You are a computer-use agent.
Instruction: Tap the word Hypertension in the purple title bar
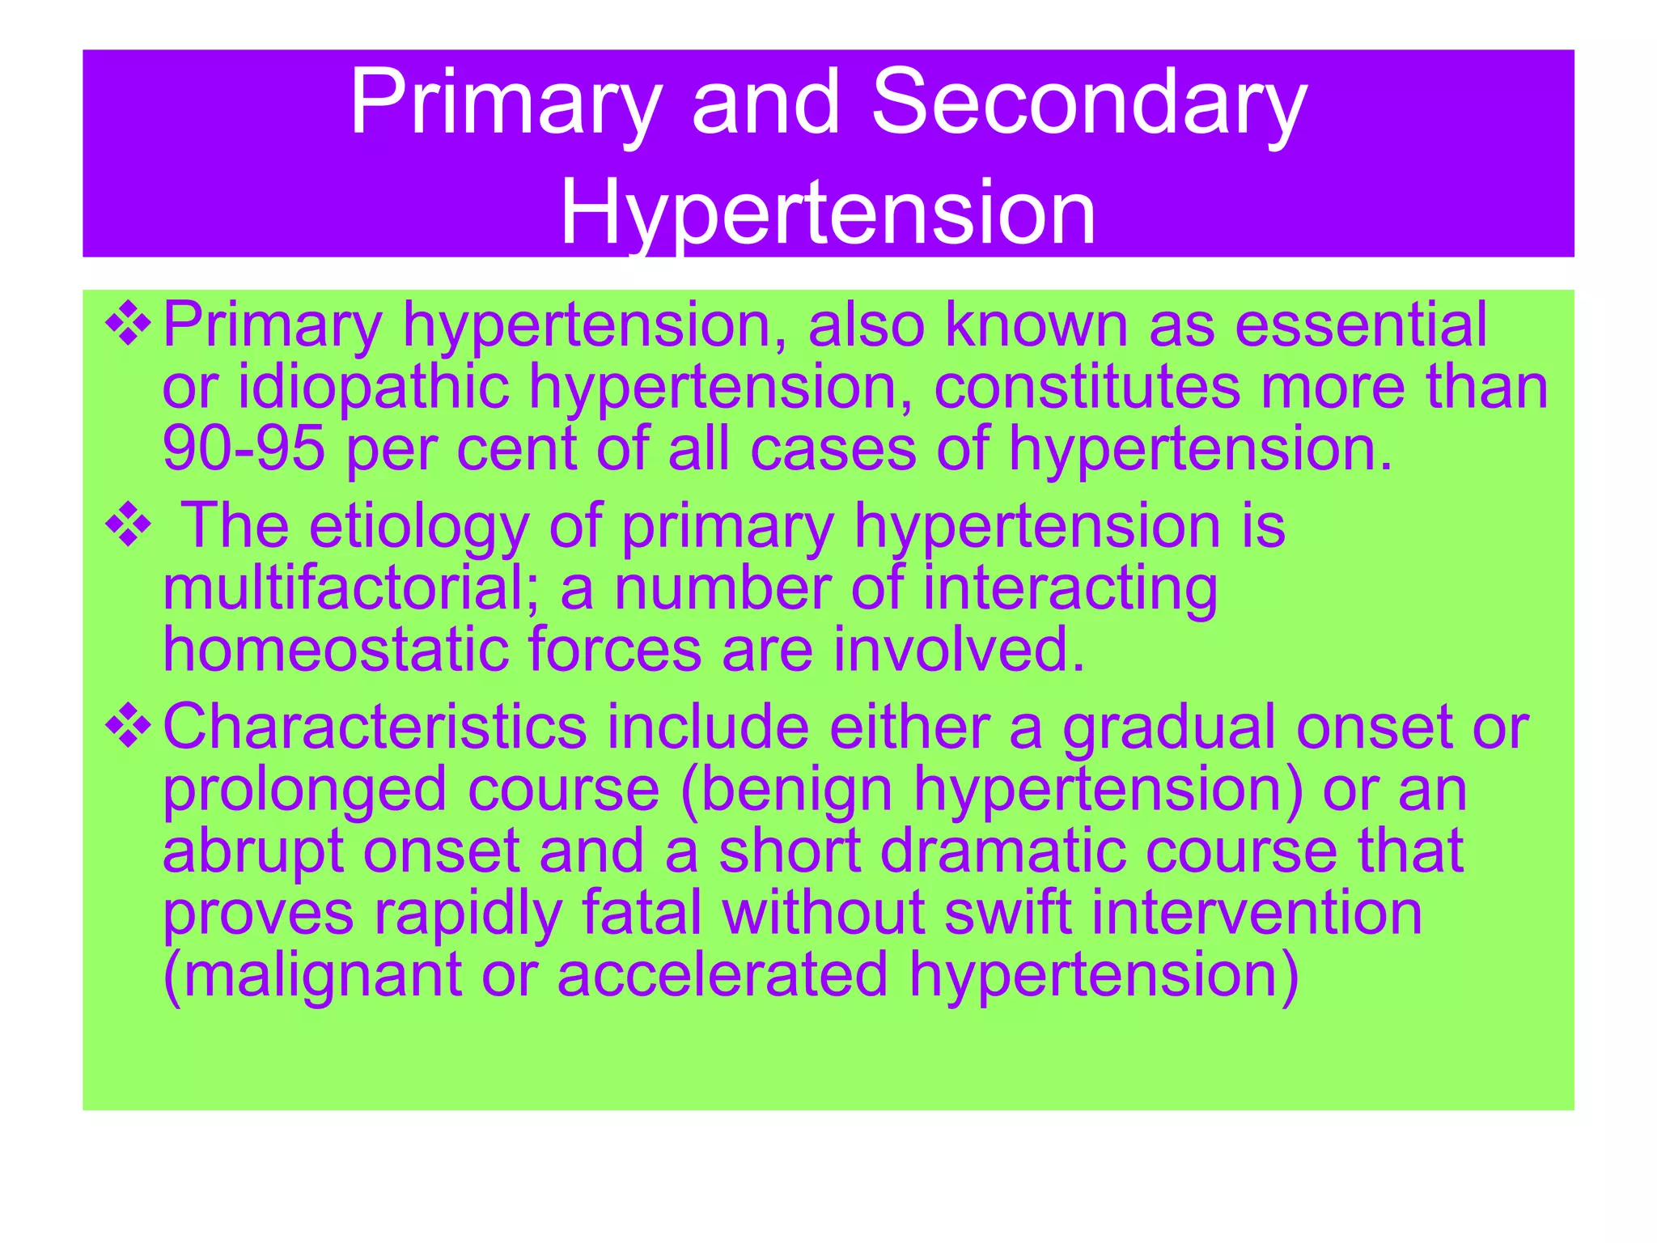pyautogui.click(x=828, y=212)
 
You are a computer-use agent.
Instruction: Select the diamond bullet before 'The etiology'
pyautogui.click(x=128, y=527)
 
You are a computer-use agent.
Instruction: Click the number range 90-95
pyautogui.click(x=244, y=448)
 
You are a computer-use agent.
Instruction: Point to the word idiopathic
pyautogui.click(x=373, y=387)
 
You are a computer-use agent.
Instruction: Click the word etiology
pyautogui.click(x=419, y=527)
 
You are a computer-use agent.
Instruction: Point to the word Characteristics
pyautogui.click(x=375, y=727)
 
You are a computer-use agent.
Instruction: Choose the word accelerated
pyautogui.click(x=723, y=974)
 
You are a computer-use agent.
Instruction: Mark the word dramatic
pyautogui.click(x=1002, y=851)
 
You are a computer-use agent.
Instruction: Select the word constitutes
pyautogui.click(x=1087, y=387)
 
